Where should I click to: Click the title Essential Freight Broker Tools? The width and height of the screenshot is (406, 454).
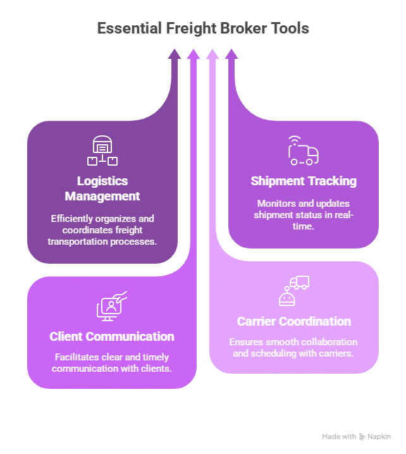pos(203,28)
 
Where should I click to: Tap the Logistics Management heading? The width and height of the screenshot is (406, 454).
pos(102,188)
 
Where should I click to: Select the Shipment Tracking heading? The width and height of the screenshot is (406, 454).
pos(304,181)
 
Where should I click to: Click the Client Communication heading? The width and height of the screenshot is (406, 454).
pos(112,336)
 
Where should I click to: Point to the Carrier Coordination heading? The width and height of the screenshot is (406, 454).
pos(294,321)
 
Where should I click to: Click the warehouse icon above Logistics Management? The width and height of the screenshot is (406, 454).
pos(102,150)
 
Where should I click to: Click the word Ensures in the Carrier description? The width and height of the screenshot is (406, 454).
pos(245,341)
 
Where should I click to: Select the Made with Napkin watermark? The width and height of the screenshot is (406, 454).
pos(356,436)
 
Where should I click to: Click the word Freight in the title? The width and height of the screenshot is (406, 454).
pos(192,28)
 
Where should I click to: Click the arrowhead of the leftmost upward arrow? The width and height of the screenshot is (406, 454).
pos(175,55)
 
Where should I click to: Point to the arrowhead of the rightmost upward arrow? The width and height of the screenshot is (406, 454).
pos(231,55)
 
